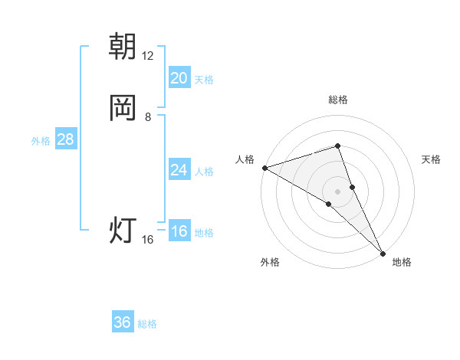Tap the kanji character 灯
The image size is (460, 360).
coord(123,230)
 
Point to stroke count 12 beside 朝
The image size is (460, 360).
coord(148,55)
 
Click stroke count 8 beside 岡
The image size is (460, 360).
coord(148,116)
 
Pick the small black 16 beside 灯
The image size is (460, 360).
coord(148,240)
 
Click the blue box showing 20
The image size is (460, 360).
coord(179,78)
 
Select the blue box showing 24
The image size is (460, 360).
coord(179,170)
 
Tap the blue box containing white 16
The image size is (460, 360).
coord(179,232)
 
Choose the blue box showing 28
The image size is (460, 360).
coord(65,139)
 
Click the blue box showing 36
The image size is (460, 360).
coord(123,322)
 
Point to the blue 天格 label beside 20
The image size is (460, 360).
coord(204,79)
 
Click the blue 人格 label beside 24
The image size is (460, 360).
coord(204,171)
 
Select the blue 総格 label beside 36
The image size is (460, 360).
coord(147,324)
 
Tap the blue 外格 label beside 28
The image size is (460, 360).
coord(41,141)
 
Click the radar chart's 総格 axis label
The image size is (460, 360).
coord(338,100)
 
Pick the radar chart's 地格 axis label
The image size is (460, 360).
coord(402,262)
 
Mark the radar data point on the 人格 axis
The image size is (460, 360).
coord(264,167)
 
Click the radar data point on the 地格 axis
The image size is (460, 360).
coord(383,252)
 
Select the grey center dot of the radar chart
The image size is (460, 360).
coord(338,191)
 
